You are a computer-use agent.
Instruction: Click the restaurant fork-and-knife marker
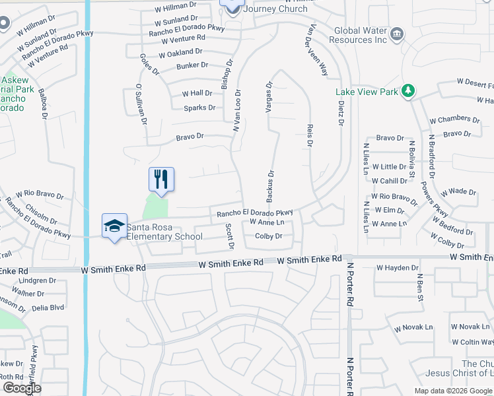(x=161, y=178)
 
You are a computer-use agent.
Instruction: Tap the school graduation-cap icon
(x=114, y=226)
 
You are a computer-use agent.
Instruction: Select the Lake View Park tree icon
(x=409, y=90)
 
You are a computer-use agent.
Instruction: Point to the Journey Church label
(x=275, y=9)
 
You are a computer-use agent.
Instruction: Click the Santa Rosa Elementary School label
(x=164, y=232)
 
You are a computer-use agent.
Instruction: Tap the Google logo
(x=21, y=387)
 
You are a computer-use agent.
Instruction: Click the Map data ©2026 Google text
(x=454, y=391)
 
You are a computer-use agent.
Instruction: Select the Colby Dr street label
(x=269, y=236)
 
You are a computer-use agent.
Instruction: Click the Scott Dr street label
(x=230, y=236)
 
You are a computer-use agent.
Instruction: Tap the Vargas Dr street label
(x=269, y=97)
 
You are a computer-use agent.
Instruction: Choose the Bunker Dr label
(x=192, y=66)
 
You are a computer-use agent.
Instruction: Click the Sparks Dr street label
(x=199, y=108)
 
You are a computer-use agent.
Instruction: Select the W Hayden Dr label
(x=398, y=268)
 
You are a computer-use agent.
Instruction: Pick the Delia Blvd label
(x=49, y=307)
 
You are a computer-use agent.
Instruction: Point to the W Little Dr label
(x=389, y=167)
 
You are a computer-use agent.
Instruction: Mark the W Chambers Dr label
(x=454, y=119)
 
